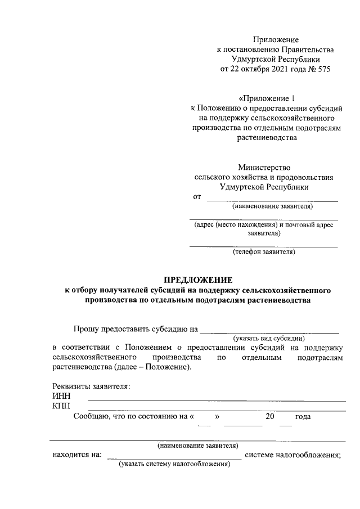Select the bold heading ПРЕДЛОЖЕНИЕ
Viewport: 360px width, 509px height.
point(197,280)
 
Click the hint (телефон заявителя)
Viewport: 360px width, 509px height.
point(264,252)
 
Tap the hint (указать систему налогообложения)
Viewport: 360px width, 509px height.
point(174,465)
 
